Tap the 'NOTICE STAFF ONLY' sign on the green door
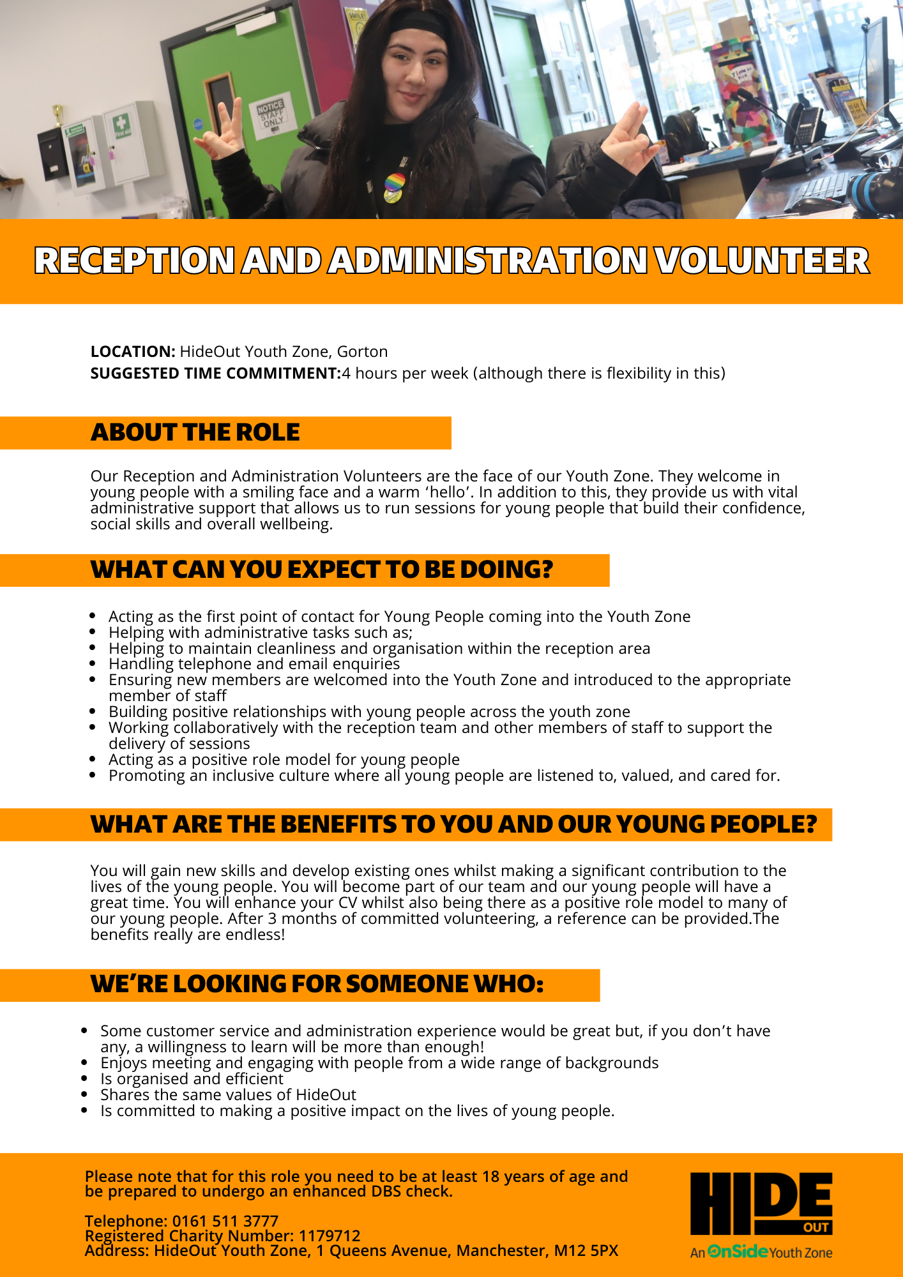[271, 114]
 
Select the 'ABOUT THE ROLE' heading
[195, 433]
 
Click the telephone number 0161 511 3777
[225, 1221]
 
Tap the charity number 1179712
[330, 1235]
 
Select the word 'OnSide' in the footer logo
[738, 1251]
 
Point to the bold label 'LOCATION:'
[133, 352]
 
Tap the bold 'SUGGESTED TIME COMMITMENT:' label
[216, 374]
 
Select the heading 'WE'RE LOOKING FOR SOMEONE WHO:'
[317, 985]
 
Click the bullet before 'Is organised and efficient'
[85, 1079]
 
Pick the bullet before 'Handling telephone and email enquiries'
[93, 664]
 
